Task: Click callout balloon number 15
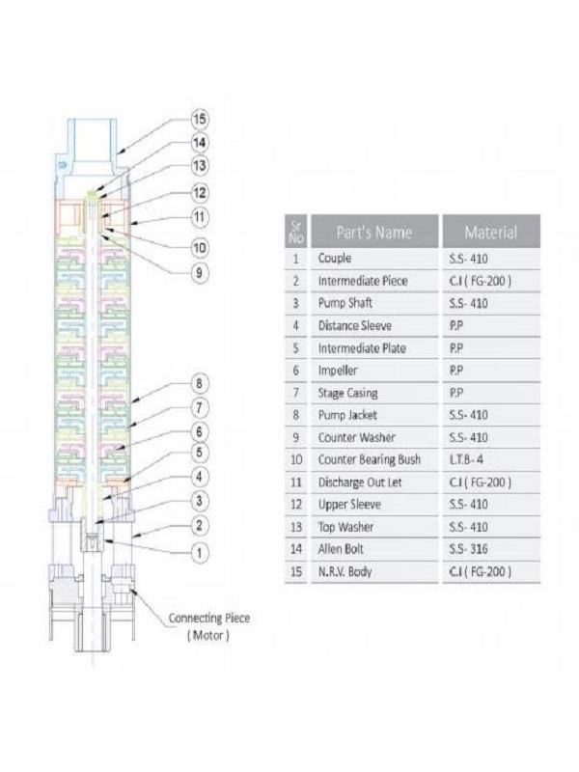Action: click(x=200, y=120)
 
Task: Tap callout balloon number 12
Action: click(x=200, y=193)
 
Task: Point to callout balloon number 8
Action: click(x=200, y=381)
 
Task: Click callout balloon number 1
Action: click(x=200, y=553)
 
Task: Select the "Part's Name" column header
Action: click(x=373, y=232)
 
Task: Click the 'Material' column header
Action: click(x=490, y=232)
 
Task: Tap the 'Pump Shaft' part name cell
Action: click(x=345, y=303)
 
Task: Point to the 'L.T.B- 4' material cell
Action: click(x=469, y=459)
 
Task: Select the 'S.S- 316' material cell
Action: click(x=469, y=549)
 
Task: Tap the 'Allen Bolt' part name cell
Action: click(x=343, y=549)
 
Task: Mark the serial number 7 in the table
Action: click(x=295, y=393)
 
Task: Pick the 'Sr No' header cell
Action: click(x=296, y=232)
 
